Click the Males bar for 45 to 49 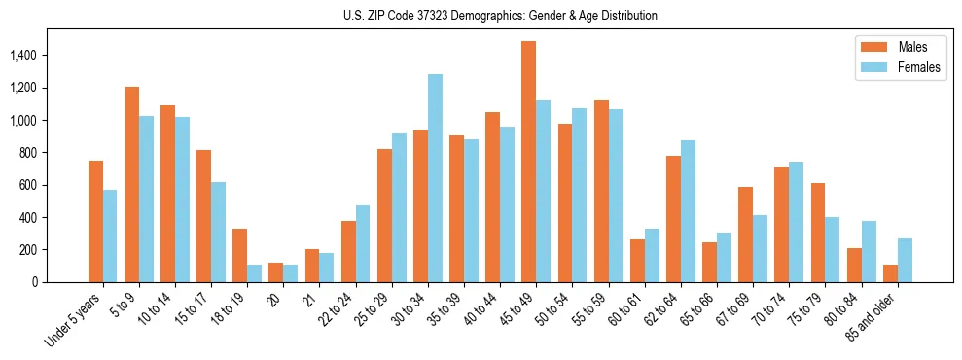[x=528, y=162]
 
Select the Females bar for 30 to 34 [x=435, y=178]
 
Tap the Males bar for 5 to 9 [x=131, y=184]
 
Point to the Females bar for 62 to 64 [x=688, y=211]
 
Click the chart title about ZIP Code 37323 [x=500, y=16]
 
